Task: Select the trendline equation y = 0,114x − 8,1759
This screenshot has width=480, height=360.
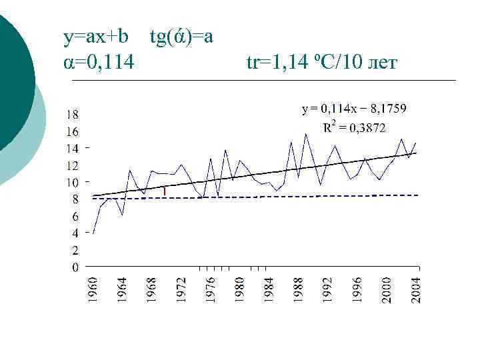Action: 354,108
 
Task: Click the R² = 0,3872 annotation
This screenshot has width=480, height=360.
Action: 354,127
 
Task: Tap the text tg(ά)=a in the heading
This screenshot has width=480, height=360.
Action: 181,37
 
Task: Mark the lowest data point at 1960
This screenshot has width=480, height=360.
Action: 94,233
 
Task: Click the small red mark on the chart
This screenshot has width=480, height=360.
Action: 164,191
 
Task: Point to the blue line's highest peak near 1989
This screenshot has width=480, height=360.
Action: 306,134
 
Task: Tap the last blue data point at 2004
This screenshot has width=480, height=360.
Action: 416,143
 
